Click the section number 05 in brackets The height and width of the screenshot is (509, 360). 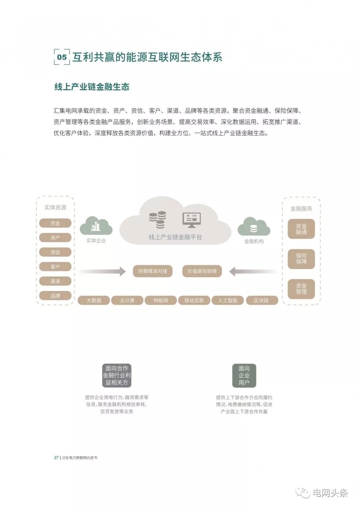(62, 57)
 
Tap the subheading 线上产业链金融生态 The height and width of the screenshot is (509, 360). (92, 87)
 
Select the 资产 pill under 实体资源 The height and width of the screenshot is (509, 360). (55, 238)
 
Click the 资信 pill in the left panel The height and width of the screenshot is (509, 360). (55, 252)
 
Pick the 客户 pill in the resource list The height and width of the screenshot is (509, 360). (55, 267)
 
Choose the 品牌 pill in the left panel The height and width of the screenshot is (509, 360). (55, 296)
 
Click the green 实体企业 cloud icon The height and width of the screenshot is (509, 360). (96, 226)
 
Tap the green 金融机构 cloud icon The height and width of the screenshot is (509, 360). (254, 227)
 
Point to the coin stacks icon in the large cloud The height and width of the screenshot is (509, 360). (157, 220)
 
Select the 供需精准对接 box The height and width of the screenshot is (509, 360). (153, 271)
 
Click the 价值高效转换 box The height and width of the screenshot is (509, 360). (202, 271)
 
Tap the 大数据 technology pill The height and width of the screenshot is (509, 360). (94, 300)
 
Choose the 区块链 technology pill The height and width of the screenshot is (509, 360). (262, 300)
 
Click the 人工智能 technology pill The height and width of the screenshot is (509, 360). (228, 300)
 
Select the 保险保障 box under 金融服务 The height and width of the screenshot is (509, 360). (301, 259)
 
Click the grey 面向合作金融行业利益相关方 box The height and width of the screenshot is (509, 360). (117, 375)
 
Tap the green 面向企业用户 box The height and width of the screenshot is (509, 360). (244, 375)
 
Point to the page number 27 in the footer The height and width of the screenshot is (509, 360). (56, 457)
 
